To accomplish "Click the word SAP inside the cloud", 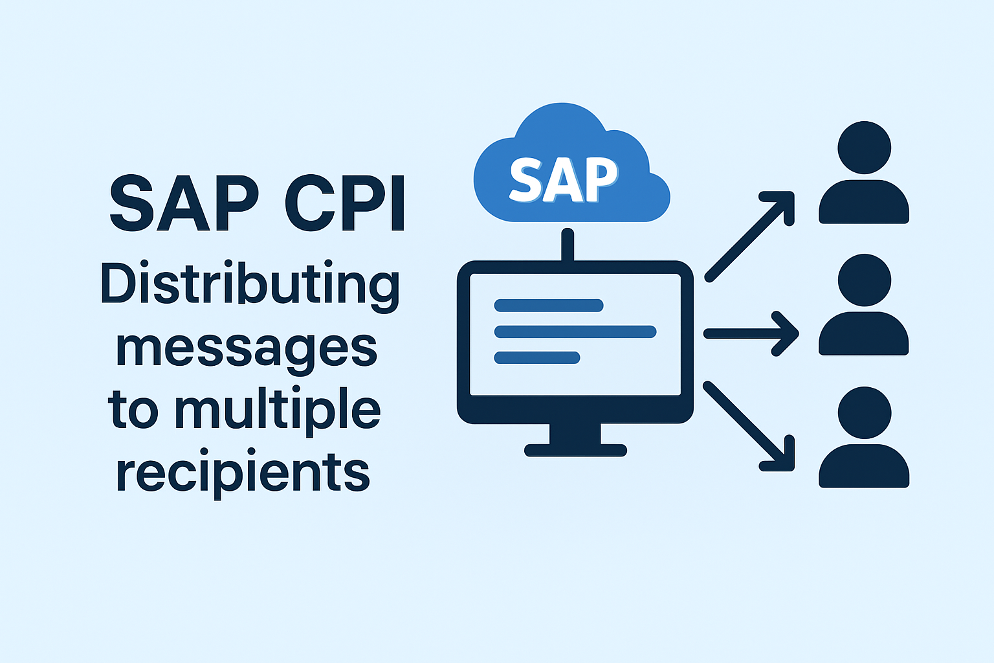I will [x=563, y=179].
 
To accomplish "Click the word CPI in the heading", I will [x=345, y=203].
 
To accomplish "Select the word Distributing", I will [x=250, y=285].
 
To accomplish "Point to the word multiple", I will [x=278, y=410].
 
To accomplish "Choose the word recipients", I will [x=243, y=473].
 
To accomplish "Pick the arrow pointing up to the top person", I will [x=749, y=236].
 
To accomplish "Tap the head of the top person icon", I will [x=864, y=148].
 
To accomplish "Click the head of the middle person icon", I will [x=864, y=280].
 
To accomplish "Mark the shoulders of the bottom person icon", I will [x=864, y=466].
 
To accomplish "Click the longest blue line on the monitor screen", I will [x=575, y=332].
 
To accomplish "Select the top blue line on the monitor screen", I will [x=549, y=306].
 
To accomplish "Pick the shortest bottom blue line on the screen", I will [x=537, y=357].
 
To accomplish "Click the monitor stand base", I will [x=575, y=449].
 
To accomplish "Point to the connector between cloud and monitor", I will [x=568, y=245].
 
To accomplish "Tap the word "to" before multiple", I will [x=133, y=410].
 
